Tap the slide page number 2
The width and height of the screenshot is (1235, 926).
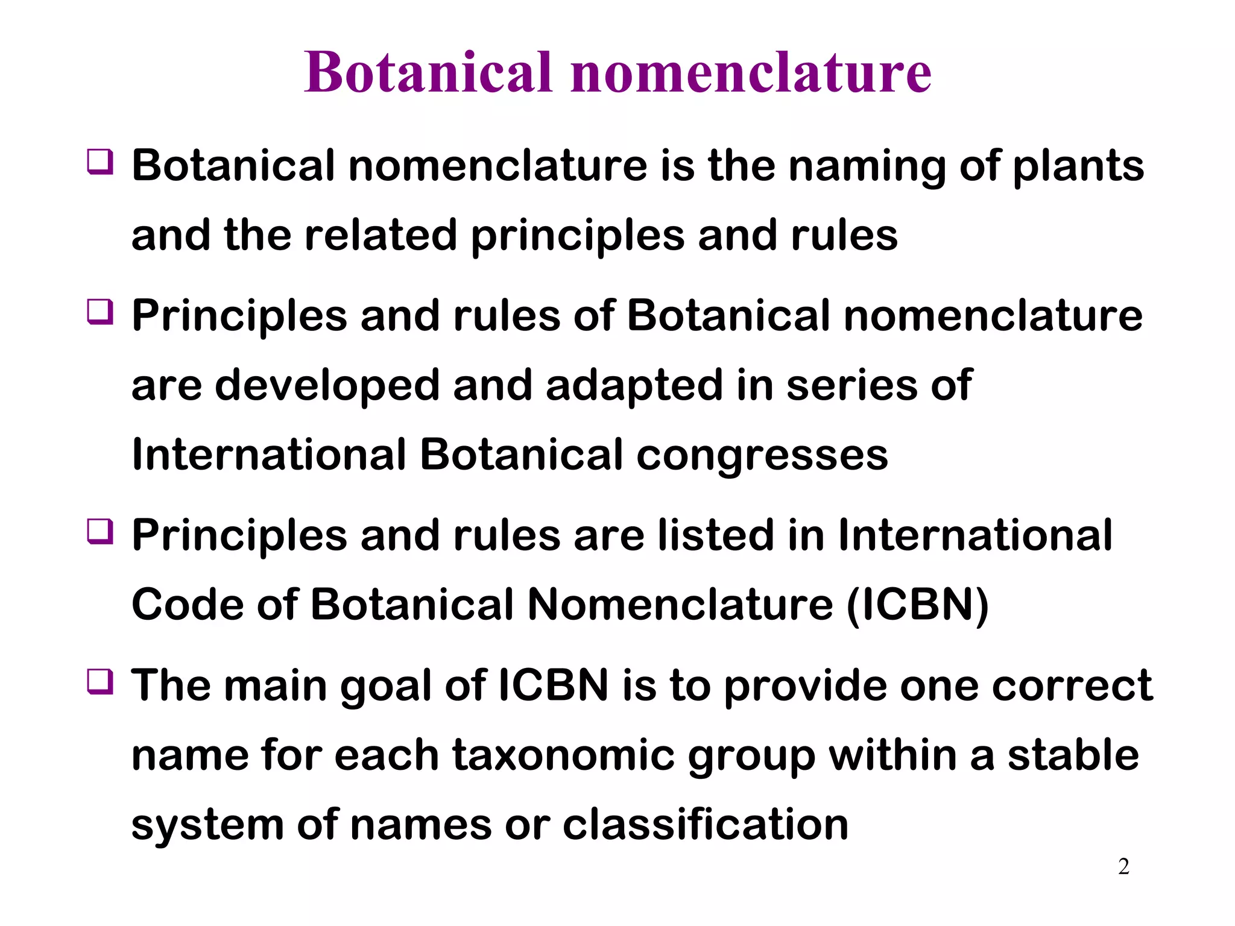pos(1123,866)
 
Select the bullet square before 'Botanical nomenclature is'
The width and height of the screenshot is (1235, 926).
pos(100,162)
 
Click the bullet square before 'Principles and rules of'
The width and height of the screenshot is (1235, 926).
pos(100,312)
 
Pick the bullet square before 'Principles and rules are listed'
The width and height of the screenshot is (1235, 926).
pos(100,532)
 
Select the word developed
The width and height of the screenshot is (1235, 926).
pos(327,386)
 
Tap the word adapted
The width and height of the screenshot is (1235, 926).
pos(634,386)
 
